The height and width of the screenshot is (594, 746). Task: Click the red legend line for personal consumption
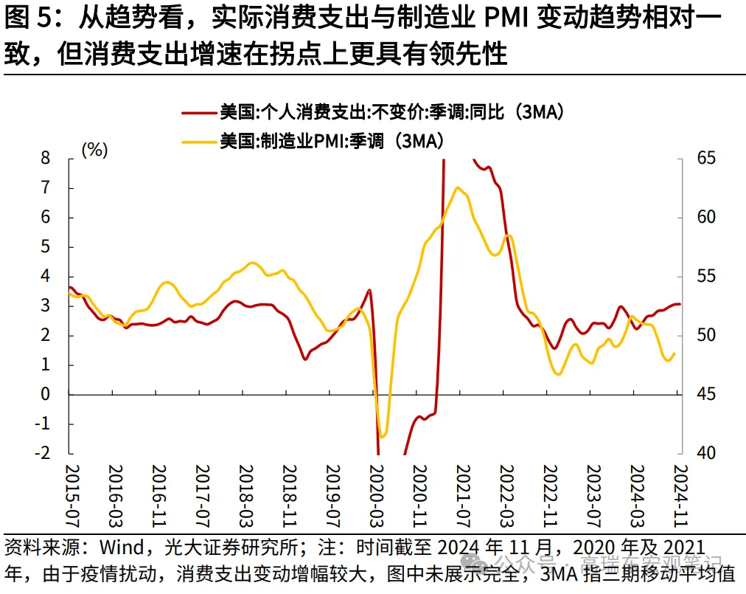click(x=199, y=112)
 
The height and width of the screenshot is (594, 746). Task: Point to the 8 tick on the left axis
click(x=45, y=158)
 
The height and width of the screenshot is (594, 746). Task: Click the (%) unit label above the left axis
click(x=94, y=150)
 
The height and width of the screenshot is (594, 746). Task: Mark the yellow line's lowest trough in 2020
click(x=382, y=437)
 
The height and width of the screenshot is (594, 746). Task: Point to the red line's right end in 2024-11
click(x=680, y=304)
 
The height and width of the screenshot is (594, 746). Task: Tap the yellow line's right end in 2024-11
click(x=674, y=353)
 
